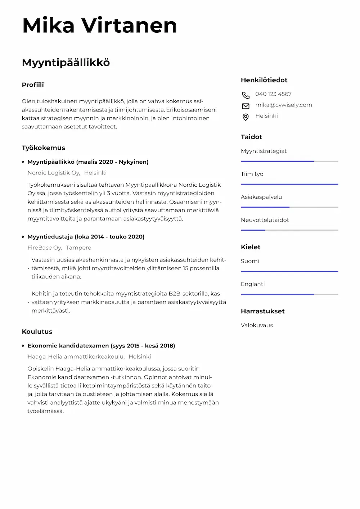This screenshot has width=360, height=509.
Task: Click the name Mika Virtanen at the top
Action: [x=99, y=26]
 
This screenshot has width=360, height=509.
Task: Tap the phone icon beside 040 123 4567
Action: [x=246, y=95]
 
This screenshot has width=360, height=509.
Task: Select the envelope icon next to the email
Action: [x=246, y=106]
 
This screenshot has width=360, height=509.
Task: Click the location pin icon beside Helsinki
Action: [x=246, y=117]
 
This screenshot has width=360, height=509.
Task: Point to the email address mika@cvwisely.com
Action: [x=284, y=105]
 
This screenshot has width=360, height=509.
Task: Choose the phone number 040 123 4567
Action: [x=273, y=94]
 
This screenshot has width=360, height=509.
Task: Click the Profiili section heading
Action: [x=33, y=85]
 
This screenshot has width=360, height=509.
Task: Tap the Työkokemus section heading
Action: [x=43, y=148]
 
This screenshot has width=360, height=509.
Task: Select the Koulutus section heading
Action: [x=37, y=332]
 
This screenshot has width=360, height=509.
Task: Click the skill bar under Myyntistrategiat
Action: [x=289, y=161]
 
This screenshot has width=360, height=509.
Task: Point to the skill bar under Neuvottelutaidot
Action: [x=289, y=230]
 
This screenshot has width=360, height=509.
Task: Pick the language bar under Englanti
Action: [x=289, y=294]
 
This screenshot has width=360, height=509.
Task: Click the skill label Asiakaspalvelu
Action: [x=261, y=197]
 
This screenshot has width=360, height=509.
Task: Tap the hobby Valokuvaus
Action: [x=257, y=325]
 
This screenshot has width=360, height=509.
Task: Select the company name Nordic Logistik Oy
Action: [x=54, y=173]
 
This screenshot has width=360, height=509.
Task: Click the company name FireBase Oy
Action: [x=45, y=247]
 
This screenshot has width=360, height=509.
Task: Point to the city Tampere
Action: [x=78, y=247]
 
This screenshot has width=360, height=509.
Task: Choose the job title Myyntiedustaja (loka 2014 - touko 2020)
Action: [x=86, y=237]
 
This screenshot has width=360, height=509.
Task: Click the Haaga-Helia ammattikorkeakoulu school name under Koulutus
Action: [x=76, y=356]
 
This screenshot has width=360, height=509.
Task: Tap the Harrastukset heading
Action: [x=262, y=311]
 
